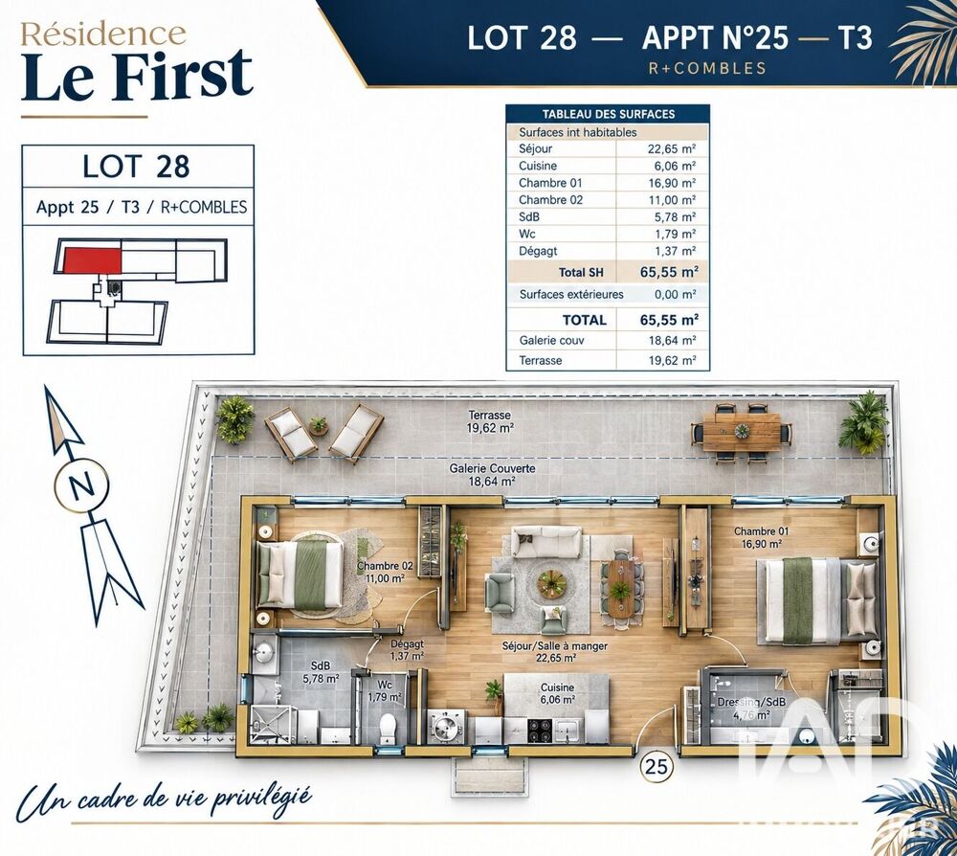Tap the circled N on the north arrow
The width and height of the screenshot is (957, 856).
coord(81,486)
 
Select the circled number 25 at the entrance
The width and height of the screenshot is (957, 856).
coord(657,766)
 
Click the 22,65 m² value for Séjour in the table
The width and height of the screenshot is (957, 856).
coord(672,148)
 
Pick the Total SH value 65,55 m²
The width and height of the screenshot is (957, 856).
coord(669,272)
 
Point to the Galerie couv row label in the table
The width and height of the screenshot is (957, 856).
coord(551,340)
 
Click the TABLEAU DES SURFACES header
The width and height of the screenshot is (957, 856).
coord(608,114)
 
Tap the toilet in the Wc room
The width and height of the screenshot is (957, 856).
coord(388,727)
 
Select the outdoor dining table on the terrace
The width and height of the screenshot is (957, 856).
coord(742,431)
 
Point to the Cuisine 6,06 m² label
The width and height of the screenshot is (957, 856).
coord(557,693)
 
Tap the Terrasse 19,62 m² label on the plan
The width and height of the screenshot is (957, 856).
coord(489,422)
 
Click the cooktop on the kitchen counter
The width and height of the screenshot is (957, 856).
coord(540,730)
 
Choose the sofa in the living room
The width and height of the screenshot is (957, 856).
coord(546,542)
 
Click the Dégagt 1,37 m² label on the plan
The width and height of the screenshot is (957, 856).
coord(407,649)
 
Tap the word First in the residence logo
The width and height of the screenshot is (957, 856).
coord(182,76)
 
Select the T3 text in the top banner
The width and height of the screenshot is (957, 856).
coord(855,38)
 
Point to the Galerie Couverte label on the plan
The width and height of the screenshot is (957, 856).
coord(492,475)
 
